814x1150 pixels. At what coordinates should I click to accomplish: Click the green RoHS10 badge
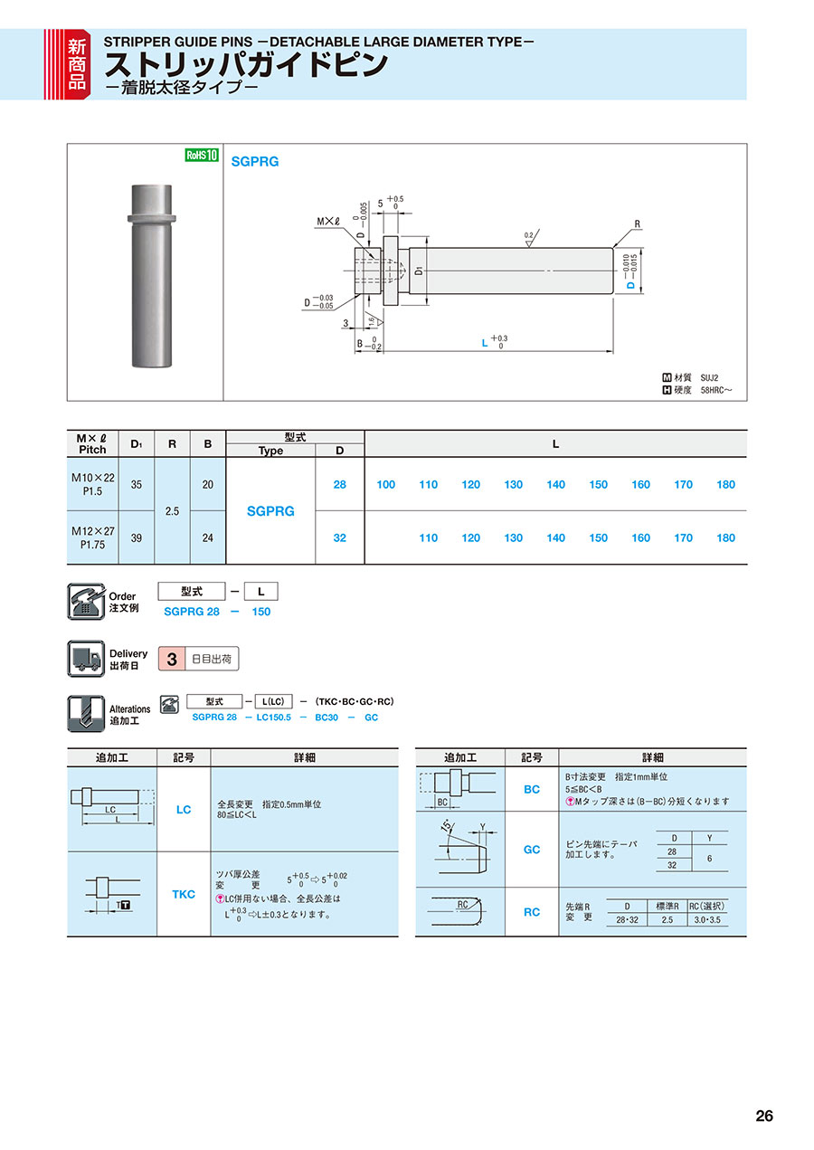pyautogui.click(x=202, y=155)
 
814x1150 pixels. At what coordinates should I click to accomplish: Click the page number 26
pyautogui.click(x=764, y=1116)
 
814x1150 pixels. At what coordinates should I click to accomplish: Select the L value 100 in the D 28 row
pyautogui.click(x=386, y=485)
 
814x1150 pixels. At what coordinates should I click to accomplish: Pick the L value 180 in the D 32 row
pyautogui.click(x=725, y=538)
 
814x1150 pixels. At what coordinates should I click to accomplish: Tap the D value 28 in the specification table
pyautogui.click(x=340, y=485)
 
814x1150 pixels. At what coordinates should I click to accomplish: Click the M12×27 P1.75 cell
pyautogui.click(x=92, y=538)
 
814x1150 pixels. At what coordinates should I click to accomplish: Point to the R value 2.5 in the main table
pyautogui.click(x=172, y=511)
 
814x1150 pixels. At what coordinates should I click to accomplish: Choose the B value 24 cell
pyautogui.click(x=207, y=538)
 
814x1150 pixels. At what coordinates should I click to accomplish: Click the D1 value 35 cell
pyautogui.click(x=137, y=485)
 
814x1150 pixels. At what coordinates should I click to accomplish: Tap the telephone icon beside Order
pyautogui.click(x=86, y=601)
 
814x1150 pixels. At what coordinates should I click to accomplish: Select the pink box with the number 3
pyautogui.click(x=171, y=659)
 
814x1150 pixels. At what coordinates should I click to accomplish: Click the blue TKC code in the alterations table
pyautogui.click(x=184, y=894)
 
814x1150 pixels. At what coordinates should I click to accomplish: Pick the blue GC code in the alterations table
pyautogui.click(x=532, y=850)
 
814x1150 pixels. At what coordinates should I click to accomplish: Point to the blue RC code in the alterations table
pyautogui.click(x=532, y=912)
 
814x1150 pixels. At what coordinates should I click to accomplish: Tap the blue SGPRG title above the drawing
pyautogui.click(x=255, y=162)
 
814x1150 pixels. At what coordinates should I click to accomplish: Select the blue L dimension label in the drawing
pyautogui.click(x=485, y=343)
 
